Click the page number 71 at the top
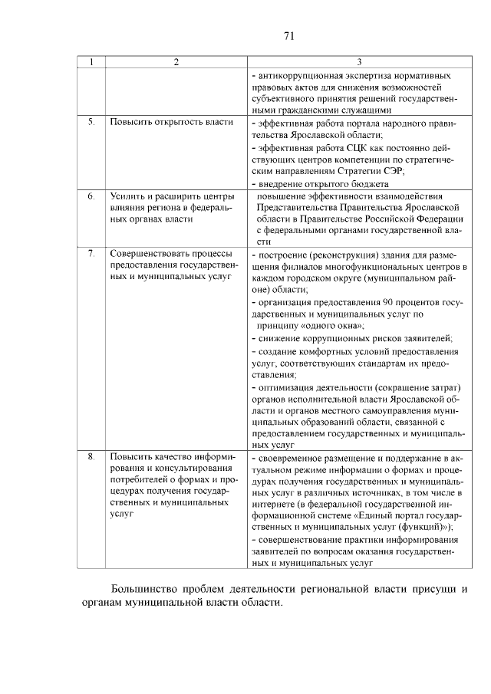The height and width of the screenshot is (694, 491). tap(289, 35)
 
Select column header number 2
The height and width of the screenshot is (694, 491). tap(176, 62)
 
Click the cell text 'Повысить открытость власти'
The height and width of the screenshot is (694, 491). tap(161, 122)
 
